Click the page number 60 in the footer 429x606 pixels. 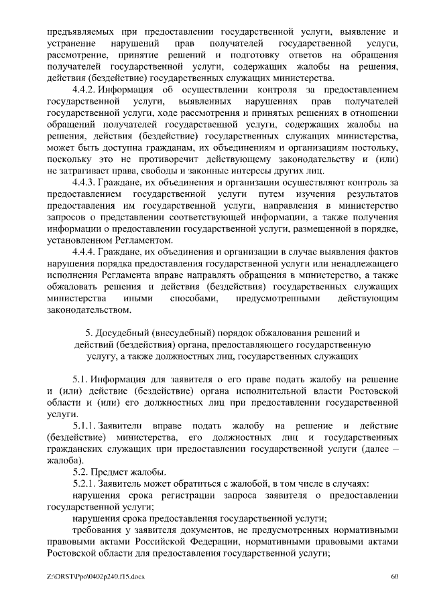pos(395,577)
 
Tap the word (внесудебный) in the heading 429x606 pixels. pos(188,333)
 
